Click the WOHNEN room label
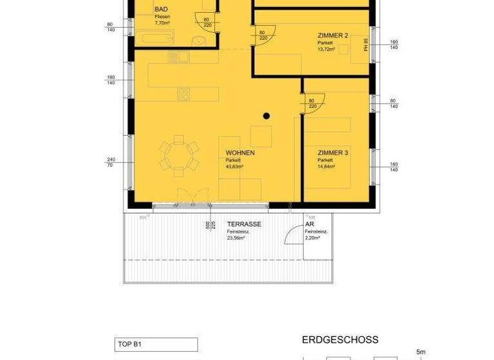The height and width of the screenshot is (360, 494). click(241, 153)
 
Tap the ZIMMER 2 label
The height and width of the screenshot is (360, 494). click(333, 35)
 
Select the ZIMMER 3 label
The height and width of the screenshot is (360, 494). click(333, 153)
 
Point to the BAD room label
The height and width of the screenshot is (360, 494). click(161, 9)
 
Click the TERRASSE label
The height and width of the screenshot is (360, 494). click(244, 224)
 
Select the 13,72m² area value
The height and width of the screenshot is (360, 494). click(327, 49)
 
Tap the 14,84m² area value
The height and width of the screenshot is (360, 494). click(327, 166)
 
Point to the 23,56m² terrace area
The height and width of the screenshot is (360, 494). click(237, 238)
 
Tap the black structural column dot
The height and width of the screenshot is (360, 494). click(266, 116)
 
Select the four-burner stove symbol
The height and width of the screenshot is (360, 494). click(184, 94)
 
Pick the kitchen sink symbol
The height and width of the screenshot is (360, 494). click(178, 57)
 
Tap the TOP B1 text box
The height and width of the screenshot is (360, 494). click(156, 344)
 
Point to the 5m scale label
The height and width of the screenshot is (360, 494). click(421, 352)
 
